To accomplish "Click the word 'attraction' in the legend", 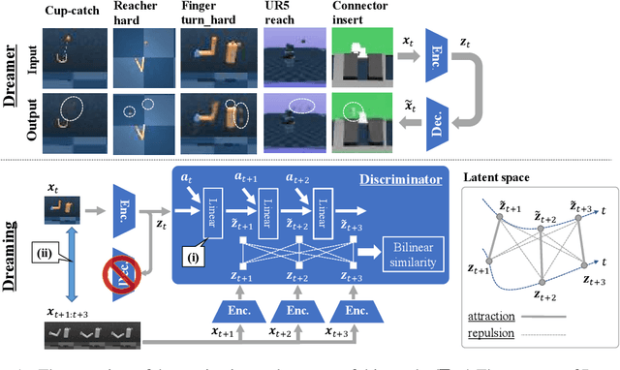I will click(x=492, y=316).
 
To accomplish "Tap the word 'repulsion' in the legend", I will click(x=492, y=334).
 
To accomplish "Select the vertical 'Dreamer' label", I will click(x=15, y=85).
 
